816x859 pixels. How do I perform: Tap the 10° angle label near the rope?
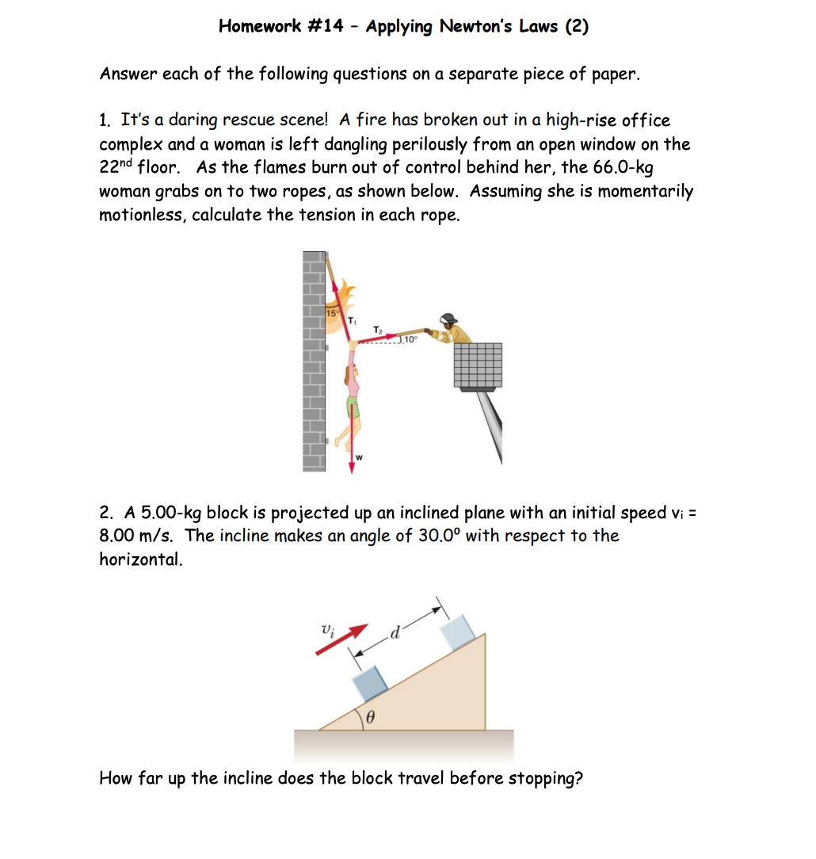[409, 339]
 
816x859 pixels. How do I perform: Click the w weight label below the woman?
[359, 456]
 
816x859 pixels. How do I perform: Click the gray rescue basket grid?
[479, 365]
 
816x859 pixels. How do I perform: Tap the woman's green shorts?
[353, 409]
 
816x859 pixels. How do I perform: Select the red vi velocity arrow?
[343, 639]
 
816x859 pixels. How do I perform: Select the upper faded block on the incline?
[458, 633]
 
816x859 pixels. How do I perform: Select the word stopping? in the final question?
[545, 778]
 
